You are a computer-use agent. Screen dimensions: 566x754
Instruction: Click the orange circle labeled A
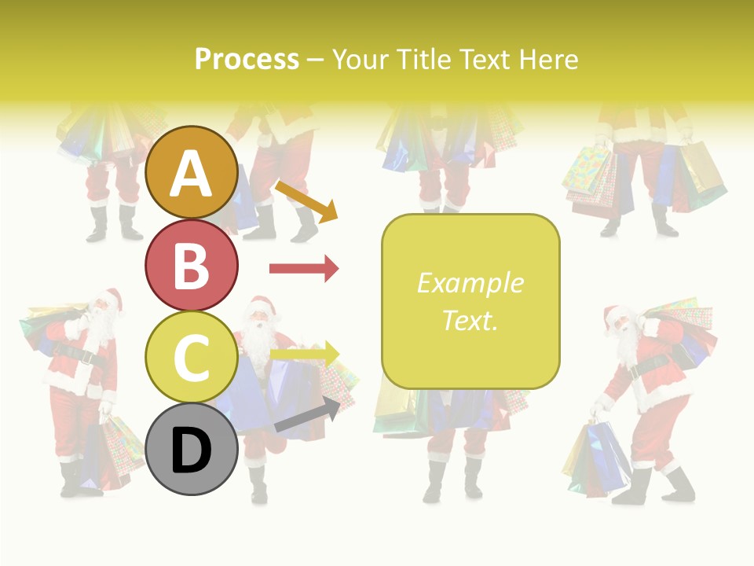191,172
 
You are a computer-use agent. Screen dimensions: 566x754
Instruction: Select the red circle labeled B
191,265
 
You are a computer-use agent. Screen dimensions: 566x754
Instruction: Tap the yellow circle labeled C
191,357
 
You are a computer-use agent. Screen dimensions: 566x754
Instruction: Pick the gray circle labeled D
191,449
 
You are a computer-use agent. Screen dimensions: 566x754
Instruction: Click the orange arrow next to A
306,200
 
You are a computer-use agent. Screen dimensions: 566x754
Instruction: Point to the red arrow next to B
304,269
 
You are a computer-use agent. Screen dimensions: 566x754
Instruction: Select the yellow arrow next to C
304,355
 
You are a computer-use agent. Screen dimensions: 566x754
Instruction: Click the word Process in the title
247,59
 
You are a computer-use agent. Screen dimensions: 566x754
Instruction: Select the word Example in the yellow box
470,283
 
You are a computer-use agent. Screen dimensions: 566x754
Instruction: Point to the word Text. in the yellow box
470,321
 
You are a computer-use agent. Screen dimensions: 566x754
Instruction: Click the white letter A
191,174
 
